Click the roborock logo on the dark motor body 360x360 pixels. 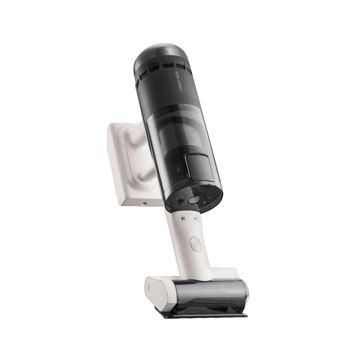pyautogui.click(x=181, y=79)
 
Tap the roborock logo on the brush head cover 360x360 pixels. pyautogui.click(x=236, y=292)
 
